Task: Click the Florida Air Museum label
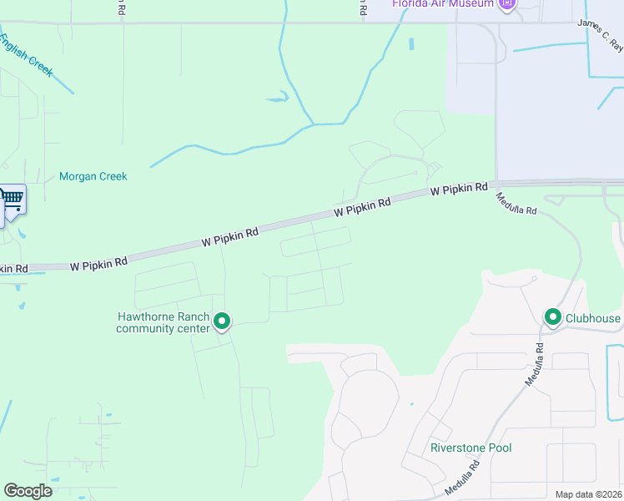[x=445, y=3]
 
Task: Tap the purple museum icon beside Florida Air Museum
[x=506, y=4]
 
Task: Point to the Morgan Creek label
[x=93, y=176]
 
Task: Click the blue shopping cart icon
[x=13, y=200]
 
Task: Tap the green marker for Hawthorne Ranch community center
[x=222, y=321]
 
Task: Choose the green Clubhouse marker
[x=552, y=317]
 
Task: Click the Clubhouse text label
[x=593, y=318]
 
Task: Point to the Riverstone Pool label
[x=471, y=448]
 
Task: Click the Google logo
[x=28, y=491]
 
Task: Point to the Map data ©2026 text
[x=587, y=494]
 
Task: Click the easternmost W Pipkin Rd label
[x=459, y=190]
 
